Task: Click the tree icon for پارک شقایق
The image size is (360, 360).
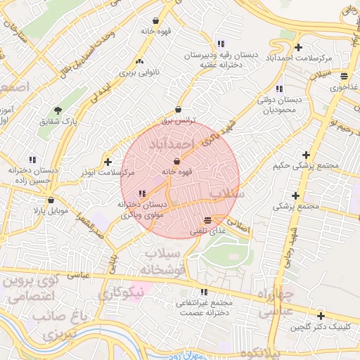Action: (x=58, y=110)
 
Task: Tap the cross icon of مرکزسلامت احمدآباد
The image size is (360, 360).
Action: (x=299, y=47)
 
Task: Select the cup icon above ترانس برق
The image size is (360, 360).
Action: (x=178, y=110)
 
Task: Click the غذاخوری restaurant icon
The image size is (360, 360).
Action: (x=344, y=77)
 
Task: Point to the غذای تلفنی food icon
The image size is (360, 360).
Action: (x=207, y=221)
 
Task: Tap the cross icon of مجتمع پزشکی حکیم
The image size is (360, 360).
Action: (x=306, y=155)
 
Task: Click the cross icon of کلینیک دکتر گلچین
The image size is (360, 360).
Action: (x=321, y=316)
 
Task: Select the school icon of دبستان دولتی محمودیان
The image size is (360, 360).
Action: (x=279, y=89)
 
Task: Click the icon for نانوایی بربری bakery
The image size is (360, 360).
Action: (x=139, y=61)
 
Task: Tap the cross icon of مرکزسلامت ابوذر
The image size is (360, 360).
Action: (x=107, y=162)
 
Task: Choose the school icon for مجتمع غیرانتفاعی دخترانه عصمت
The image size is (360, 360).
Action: (x=204, y=292)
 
